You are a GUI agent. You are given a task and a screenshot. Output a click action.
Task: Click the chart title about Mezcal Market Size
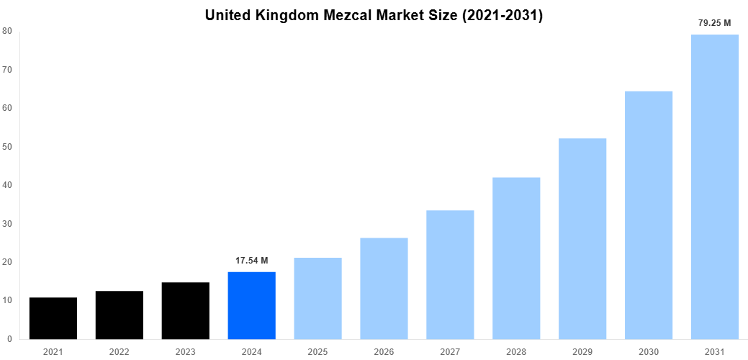tap(374, 15)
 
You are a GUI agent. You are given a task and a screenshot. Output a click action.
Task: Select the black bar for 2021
tap(53, 318)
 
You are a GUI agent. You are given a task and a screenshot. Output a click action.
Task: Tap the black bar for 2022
tap(120, 315)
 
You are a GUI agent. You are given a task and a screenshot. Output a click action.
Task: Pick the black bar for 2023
tap(185, 311)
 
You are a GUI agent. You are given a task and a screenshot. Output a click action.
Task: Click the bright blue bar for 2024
tap(251, 305)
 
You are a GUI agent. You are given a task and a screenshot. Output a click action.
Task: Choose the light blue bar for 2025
tap(317, 298)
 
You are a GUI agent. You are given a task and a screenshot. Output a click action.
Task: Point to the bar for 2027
tap(450, 274)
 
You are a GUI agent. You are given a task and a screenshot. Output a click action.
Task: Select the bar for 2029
tap(582, 238)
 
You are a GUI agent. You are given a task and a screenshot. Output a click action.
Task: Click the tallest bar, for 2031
tap(714, 186)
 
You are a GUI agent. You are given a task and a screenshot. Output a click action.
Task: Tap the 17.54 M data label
tap(251, 260)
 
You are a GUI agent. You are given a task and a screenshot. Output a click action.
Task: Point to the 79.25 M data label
tap(714, 23)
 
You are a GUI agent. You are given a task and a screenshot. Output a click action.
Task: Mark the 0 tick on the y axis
tap(9, 339)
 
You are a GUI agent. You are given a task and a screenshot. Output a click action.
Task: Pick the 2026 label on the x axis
tap(384, 352)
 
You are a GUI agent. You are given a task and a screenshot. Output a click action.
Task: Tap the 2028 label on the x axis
tap(516, 352)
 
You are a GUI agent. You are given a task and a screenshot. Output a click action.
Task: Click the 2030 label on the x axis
tap(649, 352)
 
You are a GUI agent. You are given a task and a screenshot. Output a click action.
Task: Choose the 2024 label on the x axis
tap(251, 352)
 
